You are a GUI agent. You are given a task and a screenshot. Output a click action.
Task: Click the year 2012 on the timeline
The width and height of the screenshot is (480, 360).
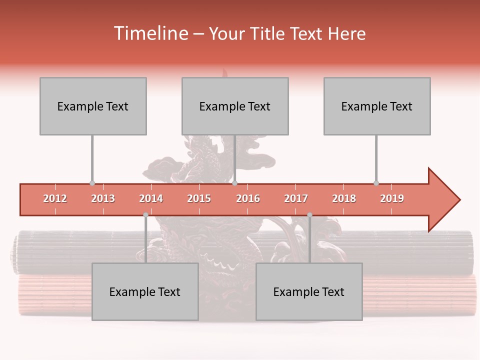pos(55,198)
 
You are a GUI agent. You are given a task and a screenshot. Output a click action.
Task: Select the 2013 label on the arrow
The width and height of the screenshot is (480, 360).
pos(103,198)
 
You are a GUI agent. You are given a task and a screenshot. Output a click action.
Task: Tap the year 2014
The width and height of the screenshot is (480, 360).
pos(151,198)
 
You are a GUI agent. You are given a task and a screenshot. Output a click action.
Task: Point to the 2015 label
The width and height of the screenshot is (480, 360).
pos(199,198)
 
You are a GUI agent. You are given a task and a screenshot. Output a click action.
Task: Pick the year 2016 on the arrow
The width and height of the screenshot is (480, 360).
pos(248,198)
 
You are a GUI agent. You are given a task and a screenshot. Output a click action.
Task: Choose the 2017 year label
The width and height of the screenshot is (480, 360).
pos(296,198)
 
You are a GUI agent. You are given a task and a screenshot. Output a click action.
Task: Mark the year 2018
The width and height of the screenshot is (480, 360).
pos(344,198)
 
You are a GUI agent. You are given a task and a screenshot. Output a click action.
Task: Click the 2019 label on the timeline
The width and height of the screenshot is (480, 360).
pos(392,198)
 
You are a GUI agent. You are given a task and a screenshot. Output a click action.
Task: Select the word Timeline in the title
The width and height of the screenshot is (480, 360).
pos(150,33)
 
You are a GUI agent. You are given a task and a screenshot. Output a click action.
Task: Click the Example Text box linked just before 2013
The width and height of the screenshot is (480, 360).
pos(93,106)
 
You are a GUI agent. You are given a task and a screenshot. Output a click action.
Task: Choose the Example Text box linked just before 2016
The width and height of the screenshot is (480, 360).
pos(235,106)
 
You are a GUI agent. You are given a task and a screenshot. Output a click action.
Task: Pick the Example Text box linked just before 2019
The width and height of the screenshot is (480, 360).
pos(377,106)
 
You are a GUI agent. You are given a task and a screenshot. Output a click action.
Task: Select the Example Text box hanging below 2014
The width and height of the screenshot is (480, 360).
pos(145,291)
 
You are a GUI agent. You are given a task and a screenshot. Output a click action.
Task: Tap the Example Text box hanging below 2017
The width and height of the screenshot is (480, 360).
pos(309,291)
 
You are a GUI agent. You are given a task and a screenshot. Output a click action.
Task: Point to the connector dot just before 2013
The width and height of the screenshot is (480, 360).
pos(92,183)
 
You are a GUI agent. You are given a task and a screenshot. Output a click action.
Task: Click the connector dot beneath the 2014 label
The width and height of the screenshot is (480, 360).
pos(145,214)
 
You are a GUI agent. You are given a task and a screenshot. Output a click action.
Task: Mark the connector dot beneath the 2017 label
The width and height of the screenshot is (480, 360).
pos(309,214)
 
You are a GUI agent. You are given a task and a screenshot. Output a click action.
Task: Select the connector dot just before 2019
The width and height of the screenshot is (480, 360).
pos(376,183)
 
